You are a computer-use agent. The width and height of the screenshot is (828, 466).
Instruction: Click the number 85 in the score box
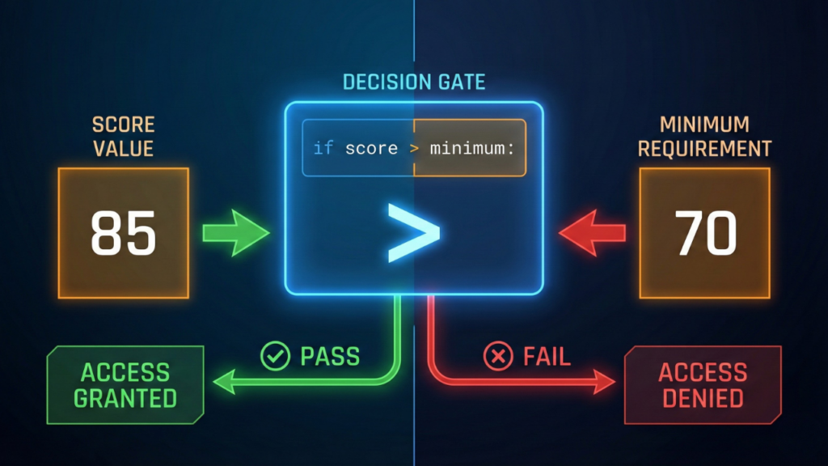click(123, 233)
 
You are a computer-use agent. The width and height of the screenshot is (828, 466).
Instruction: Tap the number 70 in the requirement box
click(706, 233)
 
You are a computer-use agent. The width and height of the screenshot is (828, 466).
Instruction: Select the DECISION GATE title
click(413, 83)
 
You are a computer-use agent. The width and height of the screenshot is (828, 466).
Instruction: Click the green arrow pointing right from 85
click(235, 233)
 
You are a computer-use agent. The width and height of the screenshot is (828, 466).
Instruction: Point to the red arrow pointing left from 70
click(592, 233)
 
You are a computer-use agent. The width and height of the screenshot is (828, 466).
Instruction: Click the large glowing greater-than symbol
click(413, 233)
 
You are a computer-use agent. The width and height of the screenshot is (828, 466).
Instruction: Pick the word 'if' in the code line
click(323, 149)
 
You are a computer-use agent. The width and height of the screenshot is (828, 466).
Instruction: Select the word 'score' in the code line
click(371, 149)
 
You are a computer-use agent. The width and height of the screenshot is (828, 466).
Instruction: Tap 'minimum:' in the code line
click(477, 149)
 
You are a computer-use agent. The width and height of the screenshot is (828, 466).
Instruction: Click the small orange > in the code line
click(414, 149)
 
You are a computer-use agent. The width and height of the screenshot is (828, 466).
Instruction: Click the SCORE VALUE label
click(123, 138)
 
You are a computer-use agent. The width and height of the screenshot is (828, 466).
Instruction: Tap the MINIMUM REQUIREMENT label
click(704, 138)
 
